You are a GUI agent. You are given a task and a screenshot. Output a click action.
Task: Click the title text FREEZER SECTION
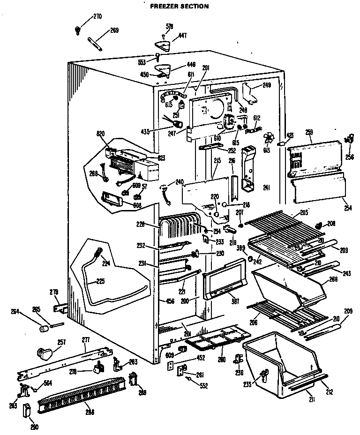172,7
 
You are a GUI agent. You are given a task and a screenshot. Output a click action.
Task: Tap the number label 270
97,17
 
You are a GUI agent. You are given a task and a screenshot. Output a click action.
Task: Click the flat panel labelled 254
319,187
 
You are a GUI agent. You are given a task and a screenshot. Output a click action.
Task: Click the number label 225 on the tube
100,282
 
